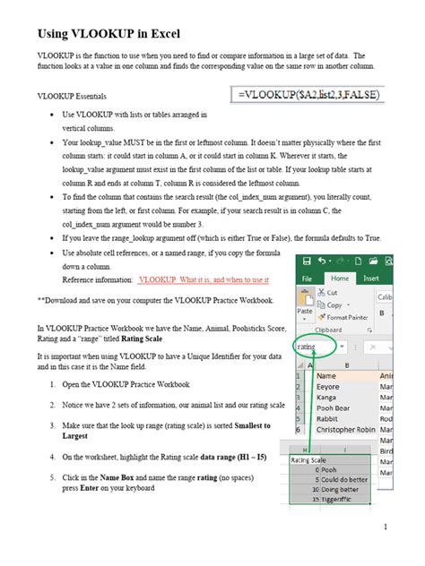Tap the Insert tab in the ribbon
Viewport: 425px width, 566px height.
(x=371, y=278)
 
